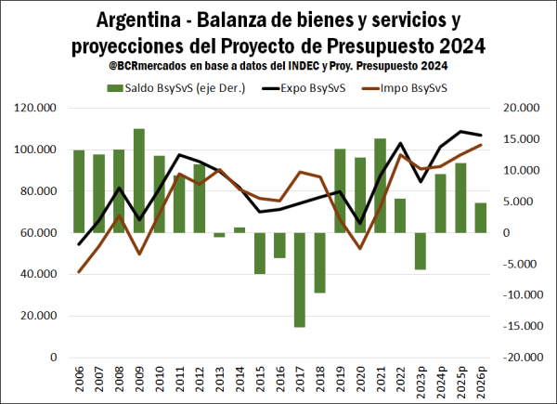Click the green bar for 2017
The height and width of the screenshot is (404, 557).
pos(300,280)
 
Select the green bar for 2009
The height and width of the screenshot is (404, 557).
pos(139,180)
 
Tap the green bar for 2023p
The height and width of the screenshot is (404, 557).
pos(421,251)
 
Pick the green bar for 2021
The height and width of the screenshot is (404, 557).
pos(380,185)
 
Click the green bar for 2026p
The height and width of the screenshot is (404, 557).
pos(481,217)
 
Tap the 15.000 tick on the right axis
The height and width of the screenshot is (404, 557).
pos(520,139)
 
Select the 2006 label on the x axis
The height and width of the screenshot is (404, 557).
pos(79,381)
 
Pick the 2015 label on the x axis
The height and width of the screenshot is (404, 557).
pos(260,381)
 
